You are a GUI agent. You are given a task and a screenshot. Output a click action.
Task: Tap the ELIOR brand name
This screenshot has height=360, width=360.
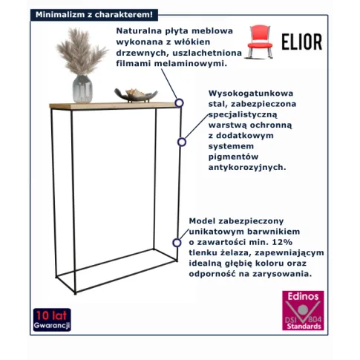(302, 42)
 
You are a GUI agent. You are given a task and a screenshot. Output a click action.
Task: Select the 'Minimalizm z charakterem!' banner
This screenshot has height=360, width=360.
(94, 15)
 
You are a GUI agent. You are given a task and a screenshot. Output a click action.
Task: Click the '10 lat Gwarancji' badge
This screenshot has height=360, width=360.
(52, 320)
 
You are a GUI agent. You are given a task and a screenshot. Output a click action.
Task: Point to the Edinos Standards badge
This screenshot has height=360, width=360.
(303, 310)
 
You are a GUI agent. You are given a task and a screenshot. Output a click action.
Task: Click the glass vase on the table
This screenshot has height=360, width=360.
(82, 88)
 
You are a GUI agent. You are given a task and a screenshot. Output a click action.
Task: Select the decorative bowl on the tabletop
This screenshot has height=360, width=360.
(136, 95)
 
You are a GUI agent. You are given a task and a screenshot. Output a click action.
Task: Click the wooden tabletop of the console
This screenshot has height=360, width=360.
(115, 105)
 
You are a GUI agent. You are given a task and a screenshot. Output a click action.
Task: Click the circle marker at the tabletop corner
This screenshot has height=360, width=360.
(179, 102)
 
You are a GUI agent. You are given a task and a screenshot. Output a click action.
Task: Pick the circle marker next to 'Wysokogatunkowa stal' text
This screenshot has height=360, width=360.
(182, 142)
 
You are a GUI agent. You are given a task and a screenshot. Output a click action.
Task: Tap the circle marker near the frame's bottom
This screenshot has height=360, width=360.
(177, 243)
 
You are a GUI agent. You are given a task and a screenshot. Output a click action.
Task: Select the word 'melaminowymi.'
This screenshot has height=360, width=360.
(191, 64)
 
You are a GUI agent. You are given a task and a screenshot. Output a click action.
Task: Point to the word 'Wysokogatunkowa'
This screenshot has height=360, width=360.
(251, 94)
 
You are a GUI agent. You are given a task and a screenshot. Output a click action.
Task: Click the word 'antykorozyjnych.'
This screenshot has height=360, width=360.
(247, 167)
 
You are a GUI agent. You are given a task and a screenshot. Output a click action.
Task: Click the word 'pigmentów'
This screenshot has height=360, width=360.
(233, 157)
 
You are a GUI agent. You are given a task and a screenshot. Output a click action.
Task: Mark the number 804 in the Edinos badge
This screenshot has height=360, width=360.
(315, 319)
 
